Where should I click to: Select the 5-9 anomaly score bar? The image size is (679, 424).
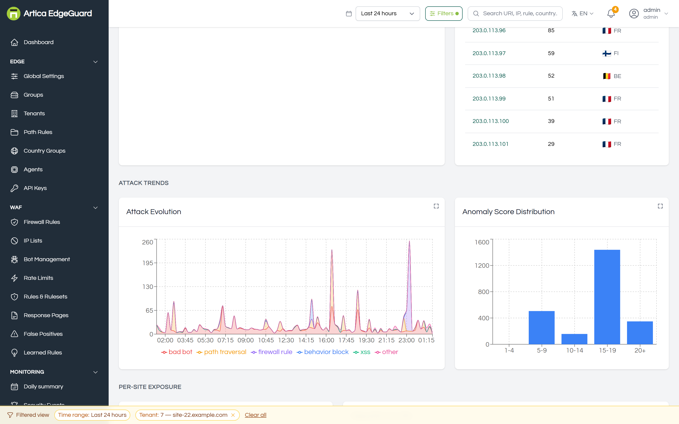tap(542, 328)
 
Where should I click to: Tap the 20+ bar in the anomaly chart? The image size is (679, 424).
tap(640, 333)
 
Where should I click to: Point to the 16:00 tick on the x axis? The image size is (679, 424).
tap(326, 340)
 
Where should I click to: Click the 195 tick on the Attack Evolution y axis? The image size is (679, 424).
tap(148, 263)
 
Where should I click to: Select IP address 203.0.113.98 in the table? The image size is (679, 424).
tap(489, 76)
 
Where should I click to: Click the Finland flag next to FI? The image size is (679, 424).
tap(607, 53)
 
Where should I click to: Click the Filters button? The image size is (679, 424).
tap(444, 13)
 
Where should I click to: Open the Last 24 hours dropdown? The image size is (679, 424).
tap(387, 13)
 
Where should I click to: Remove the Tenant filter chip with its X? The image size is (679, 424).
tap(233, 415)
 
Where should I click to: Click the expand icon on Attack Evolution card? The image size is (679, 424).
tap(436, 206)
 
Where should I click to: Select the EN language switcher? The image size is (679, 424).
tap(582, 13)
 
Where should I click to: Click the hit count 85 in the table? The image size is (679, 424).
tap(551, 30)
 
